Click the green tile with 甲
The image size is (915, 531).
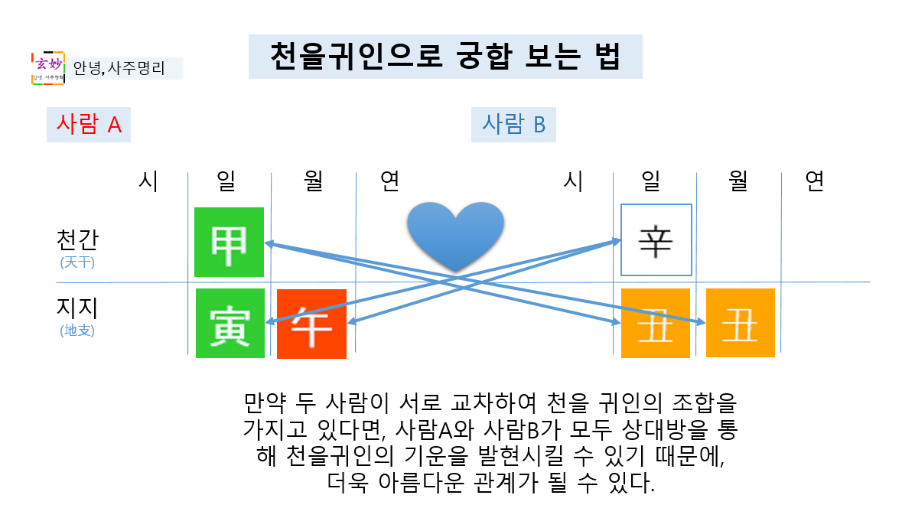(x=230, y=242)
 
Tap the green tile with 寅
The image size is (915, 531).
(x=230, y=323)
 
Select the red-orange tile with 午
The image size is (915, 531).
(x=311, y=324)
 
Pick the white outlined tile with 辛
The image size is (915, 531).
(x=656, y=239)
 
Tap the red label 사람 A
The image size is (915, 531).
(x=89, y=124)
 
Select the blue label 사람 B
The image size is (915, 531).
(x=513, y=124)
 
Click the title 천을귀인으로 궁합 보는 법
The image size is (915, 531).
(x=444, y=56)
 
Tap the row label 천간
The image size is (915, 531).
(x=78, y=239)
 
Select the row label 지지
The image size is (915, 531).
(x=78, y=308)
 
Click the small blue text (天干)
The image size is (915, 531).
(x=78, y=262)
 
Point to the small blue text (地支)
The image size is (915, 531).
(x=78, y=331)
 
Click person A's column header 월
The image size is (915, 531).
(x=314, y=181)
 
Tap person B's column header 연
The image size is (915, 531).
(x=814, y=181)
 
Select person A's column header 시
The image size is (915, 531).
(x=148, y=181)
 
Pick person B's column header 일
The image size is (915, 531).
(x=652, y=181)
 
